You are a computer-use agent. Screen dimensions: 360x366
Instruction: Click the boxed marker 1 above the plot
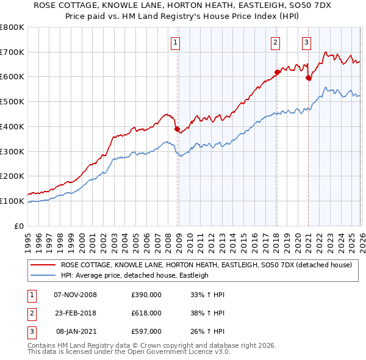pyautogui.click(x=176, y=42)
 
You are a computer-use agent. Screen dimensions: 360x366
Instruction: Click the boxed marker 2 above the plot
pyautogui.click(x=276, y=42)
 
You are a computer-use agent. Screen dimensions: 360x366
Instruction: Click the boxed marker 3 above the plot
pyautogui.click(x=306, y=42)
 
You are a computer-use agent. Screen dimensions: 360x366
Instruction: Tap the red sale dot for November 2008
pyautogui.click(x=177, y=129)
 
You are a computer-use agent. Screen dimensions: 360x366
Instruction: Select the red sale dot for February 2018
pyautogui.click(x=277, y=72)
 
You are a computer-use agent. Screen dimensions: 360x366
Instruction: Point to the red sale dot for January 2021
pyautogui.click(x=308, y=77)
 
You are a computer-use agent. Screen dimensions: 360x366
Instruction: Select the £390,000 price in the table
pyautogui.click(x=146, y=295)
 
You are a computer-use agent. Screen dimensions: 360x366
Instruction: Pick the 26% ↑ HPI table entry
pyautogui.click(x=212, y=330)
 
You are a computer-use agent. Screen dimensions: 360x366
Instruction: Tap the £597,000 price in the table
pyautogui.click(x=146, y=330)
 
